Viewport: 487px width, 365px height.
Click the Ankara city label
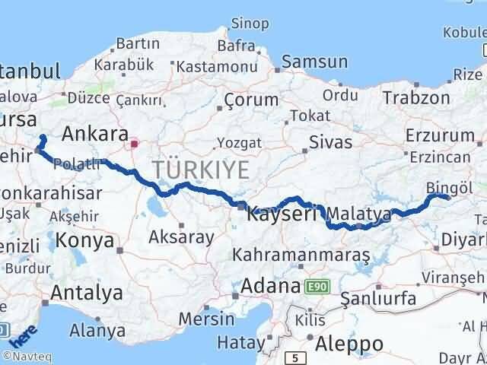point(94,135)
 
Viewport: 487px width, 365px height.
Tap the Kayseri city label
point(282,214)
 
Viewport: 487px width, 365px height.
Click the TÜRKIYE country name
point(200,170)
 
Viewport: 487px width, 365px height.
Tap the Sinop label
point(250,24)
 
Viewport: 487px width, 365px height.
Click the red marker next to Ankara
point(135,142)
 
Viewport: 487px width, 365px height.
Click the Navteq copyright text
point(22,355)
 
